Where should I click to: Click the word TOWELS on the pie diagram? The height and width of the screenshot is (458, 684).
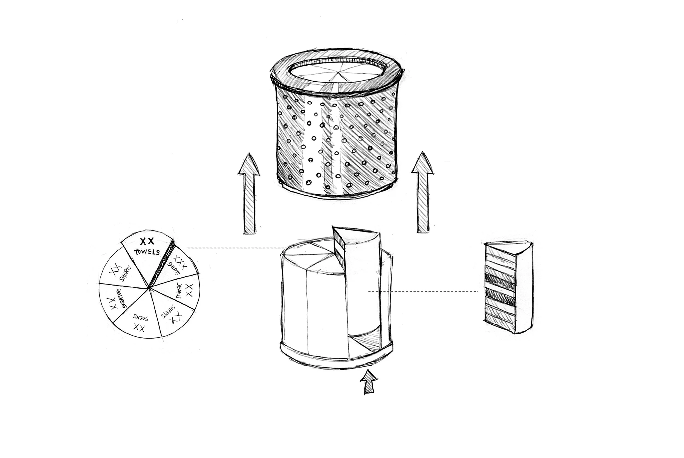pyautogui.click(x=147, y=252)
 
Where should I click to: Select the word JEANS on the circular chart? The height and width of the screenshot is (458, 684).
pyautogui.click(x=179, y=290)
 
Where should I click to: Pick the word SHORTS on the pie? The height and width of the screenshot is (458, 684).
pyautogui.click(x=126, y=273)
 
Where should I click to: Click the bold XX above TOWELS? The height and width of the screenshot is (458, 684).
pyautogui.click(x=147, y=241)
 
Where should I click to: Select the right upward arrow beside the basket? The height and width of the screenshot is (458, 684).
pyautogui.click(x=422, y=192)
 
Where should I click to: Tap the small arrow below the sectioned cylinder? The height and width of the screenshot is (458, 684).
pyautogui.click(x=369, y=382)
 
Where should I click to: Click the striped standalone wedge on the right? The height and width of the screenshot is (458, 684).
pyautogui.click(x=508, y=288)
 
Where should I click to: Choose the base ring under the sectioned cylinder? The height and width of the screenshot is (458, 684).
pyautogui.click(x=336, y=355)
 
